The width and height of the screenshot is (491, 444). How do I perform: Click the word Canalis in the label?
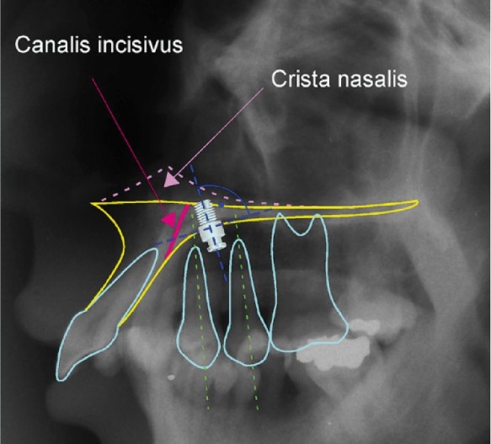click(53, 45)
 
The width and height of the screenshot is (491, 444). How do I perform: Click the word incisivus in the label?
click(140, 45)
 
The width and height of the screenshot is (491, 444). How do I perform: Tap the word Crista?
click(300, 78)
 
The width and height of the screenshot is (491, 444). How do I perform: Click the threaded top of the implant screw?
click(205, 212)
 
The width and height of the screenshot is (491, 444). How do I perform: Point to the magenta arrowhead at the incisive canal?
click(168, 219)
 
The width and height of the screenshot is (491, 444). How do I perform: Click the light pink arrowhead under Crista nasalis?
click(172, 181)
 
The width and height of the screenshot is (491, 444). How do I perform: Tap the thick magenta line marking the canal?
click(176, 231)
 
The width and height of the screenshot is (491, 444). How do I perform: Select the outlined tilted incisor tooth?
click(106, 313)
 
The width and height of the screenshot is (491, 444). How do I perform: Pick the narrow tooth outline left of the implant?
click(198, 307)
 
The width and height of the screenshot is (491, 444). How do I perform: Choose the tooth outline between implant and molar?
click(246, 302)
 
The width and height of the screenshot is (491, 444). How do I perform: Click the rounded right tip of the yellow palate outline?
click(417, 203)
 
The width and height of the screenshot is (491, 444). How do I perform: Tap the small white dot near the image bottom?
click(171, 377)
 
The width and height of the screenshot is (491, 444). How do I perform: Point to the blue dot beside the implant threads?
click(221, 206)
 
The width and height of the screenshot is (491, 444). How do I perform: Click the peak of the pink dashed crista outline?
click(163, 169)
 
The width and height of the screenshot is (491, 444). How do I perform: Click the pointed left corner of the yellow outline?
click(92, 203)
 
